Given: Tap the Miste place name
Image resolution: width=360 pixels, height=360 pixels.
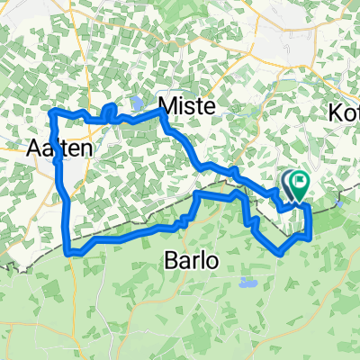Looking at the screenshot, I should [186, 106].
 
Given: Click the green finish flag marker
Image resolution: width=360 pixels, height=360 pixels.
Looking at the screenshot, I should [299, 184].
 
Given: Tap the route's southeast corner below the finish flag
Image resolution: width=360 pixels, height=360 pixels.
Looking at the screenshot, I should [310, 238].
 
